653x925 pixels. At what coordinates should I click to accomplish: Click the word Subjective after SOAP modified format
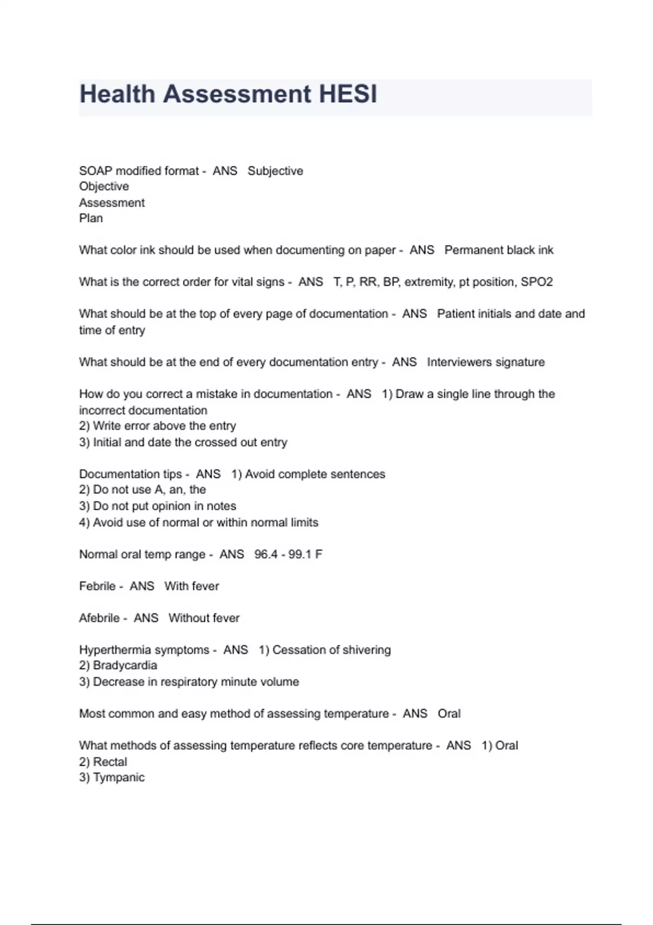pos(275,171)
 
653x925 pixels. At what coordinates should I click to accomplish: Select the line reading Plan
pos(91,218)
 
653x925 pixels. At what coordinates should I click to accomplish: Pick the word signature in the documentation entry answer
pos(520,362)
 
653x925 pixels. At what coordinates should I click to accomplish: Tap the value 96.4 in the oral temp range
pos(266,554)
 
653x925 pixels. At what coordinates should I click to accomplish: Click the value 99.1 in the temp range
pos(300,554)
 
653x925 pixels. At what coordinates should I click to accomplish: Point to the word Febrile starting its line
pos(97,587)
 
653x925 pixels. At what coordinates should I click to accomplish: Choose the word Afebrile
pos(100,618)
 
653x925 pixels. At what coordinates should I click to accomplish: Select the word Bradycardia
pos(125,665)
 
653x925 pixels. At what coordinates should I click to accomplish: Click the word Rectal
pos(110,762)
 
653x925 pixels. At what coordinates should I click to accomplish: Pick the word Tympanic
pos(119,778)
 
